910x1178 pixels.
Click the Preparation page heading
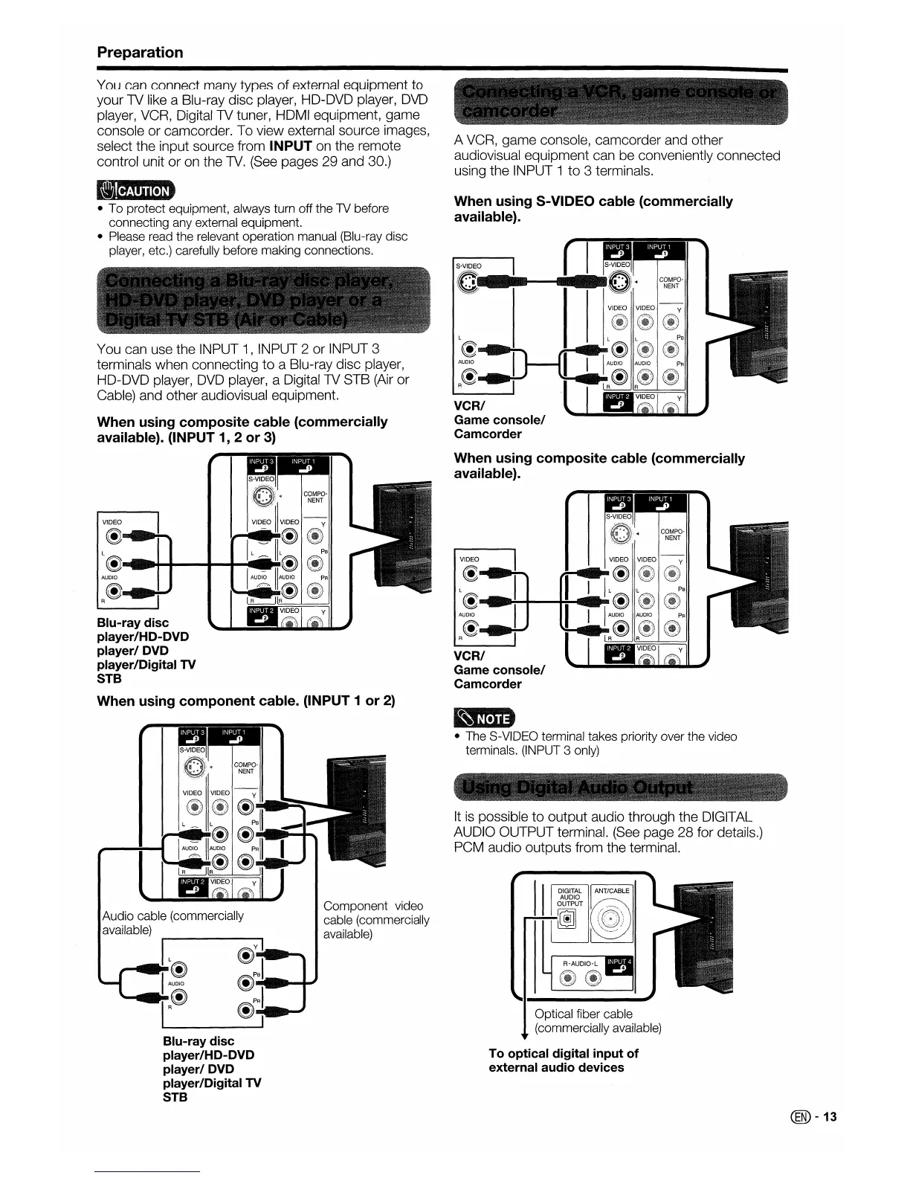click(x=140, y=52)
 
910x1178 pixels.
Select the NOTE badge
click(x=484, y=718)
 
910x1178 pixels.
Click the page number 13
click(x=830, y=1117)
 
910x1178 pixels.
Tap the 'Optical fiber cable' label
click(x=584, y=1014)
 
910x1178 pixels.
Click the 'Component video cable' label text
click(x=374, y=919)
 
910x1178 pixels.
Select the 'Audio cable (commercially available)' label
click(x=172, y=923)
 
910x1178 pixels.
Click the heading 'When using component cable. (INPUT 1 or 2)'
click(x=246, y=701)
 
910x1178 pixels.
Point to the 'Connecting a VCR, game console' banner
click(x=620, y=101)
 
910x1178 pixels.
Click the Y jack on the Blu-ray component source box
click(x=245, y=956)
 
